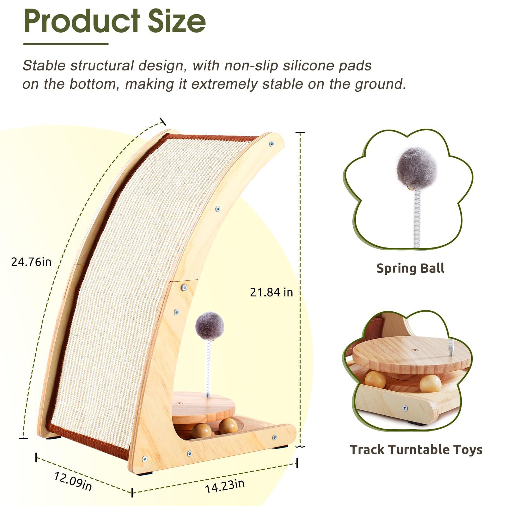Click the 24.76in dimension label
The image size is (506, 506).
click(x=31, y=262)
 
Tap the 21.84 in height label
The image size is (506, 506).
click(x=271, y=292)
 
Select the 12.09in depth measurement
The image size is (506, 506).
click(x=73, y=481)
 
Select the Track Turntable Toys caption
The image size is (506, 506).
click(x=416, y=449)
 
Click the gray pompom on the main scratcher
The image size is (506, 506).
click(x=210, y=326)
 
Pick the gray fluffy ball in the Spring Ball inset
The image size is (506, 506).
click(x=417, y=168)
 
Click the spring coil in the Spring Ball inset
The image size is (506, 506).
click(x=417, y=218)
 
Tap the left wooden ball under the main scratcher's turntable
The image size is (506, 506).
click(x=202, y=430)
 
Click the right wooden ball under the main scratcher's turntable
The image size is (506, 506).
click(x=228, y=426)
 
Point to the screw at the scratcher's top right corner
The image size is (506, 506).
click(x=271, y=144)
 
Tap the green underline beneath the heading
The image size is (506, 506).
click(x=66, y=44)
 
